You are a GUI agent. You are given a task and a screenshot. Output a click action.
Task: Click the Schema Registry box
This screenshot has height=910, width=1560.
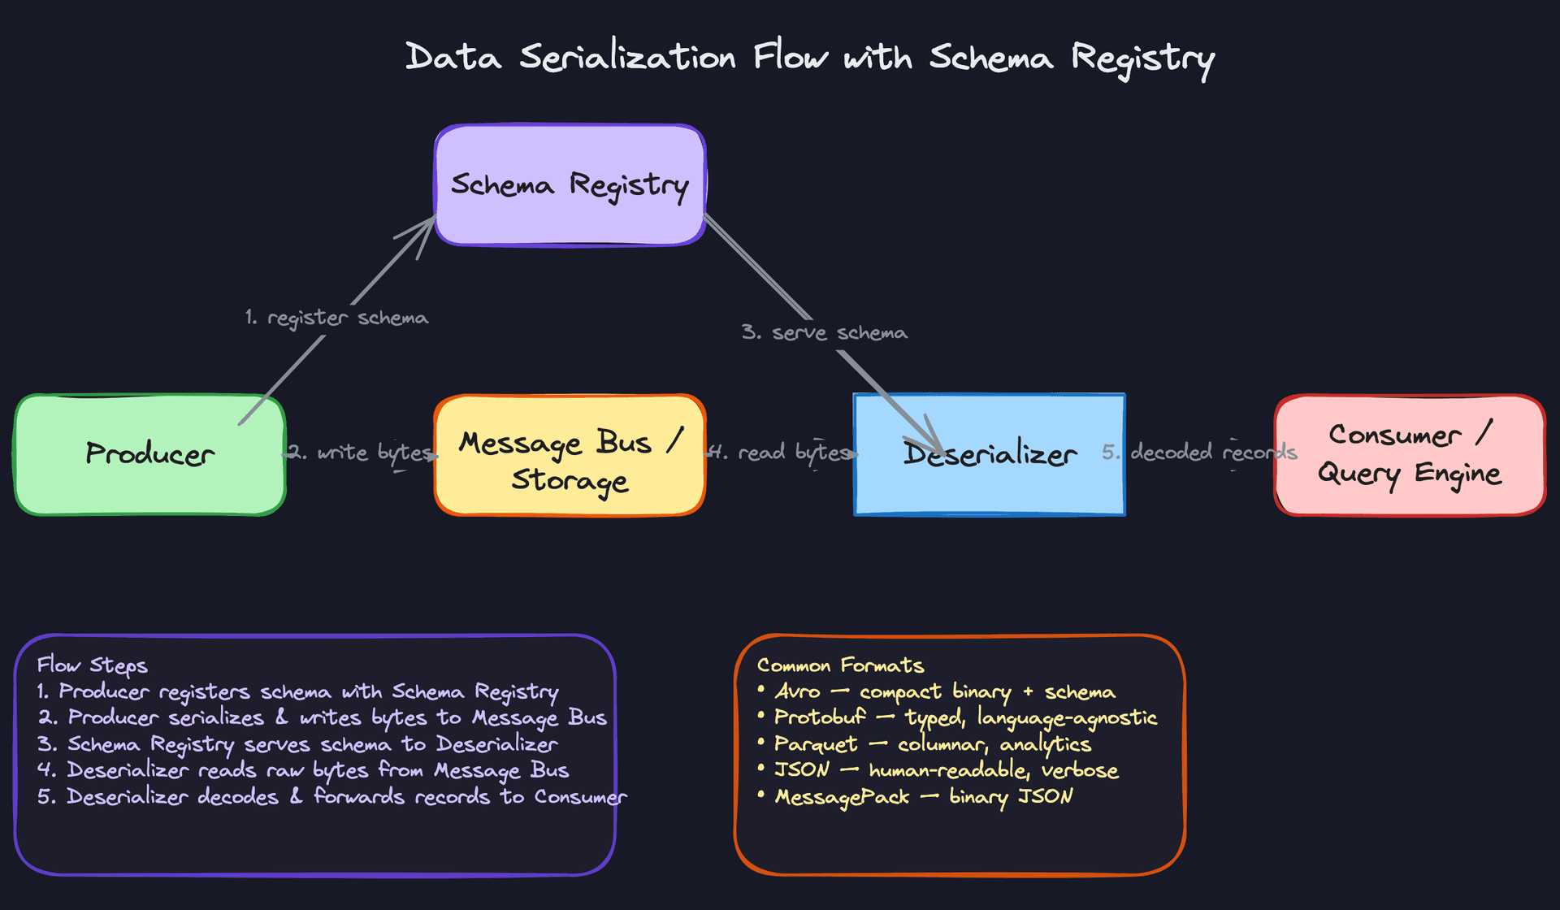coord(570,185)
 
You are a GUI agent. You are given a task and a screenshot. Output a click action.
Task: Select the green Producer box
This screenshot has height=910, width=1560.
coord(149,454)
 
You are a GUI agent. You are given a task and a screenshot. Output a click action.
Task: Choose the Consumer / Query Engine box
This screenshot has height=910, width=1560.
coord(1410,454)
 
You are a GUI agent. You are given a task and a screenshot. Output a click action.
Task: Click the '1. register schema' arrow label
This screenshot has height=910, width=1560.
coord(336,318)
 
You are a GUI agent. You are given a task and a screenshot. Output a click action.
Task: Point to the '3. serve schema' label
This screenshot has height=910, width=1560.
coord(824,333)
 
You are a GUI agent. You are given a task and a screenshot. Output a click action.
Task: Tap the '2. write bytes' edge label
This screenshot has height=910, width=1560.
coord(362,453)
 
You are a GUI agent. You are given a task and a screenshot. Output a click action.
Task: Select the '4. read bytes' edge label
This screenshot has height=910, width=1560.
coord(782,453)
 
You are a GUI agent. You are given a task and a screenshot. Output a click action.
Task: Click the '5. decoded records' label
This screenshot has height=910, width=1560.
coord(1199,453)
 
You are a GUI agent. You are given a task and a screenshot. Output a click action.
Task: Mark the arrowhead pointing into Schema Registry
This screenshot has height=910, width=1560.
coord(428,225)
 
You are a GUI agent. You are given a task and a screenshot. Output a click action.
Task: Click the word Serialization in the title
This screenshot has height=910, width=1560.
coord(627,58)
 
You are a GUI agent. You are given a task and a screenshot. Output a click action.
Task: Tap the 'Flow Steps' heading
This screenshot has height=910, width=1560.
coord(92,665)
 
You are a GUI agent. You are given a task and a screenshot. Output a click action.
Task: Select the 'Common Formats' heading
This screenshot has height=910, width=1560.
coord(840,665)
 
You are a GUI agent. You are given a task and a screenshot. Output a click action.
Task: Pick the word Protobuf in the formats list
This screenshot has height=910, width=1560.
coord(820,718)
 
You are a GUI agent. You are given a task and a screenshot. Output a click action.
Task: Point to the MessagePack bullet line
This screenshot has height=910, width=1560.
coord(923,797)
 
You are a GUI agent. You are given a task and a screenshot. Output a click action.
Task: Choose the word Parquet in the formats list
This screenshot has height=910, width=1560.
coord(815,744)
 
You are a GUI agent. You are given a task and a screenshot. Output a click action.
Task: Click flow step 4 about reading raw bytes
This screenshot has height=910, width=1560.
coord(303,770)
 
